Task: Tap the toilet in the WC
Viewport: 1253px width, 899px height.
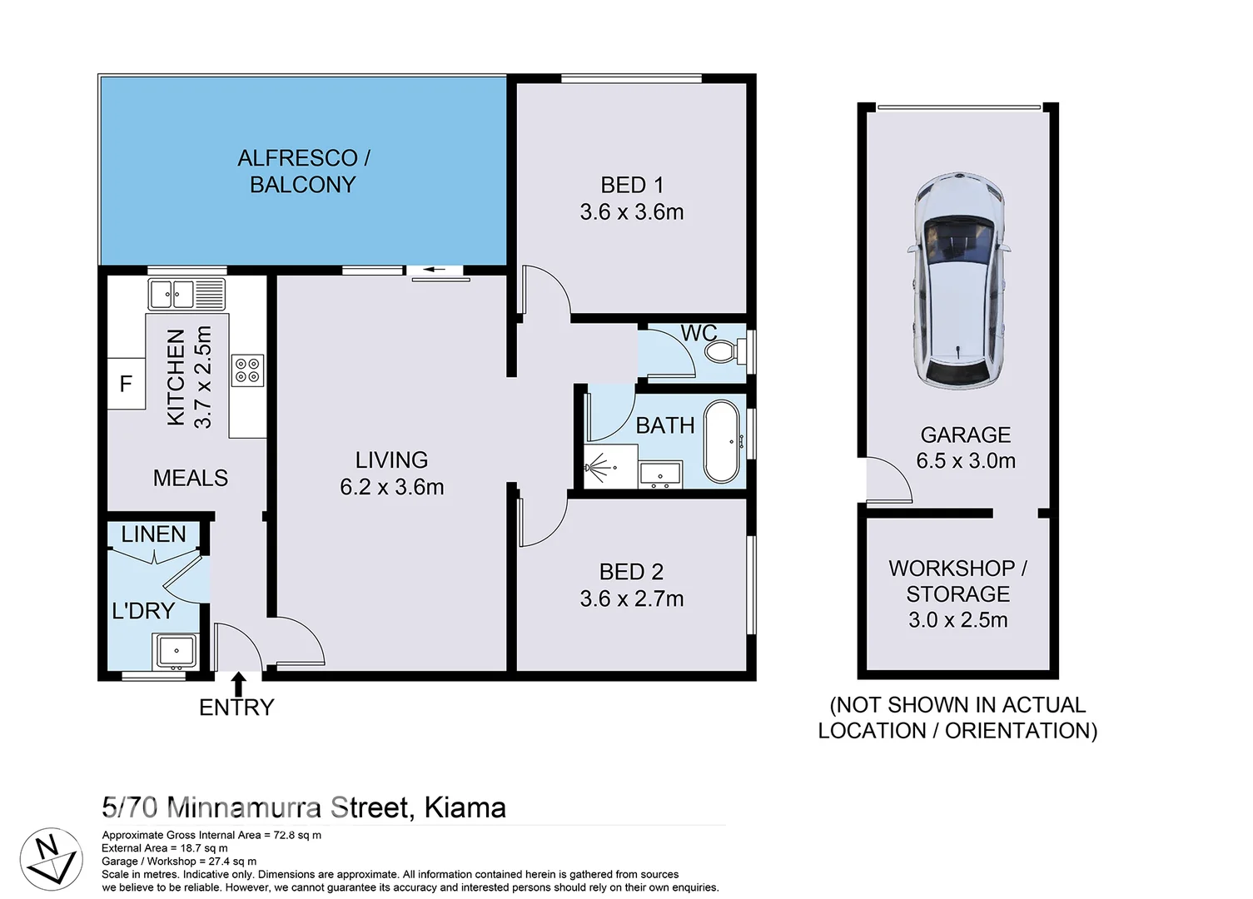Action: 722,351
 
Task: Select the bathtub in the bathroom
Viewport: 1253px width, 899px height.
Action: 721,442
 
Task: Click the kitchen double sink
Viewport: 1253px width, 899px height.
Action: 186,294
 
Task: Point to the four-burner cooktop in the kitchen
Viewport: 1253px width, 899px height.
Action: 247,370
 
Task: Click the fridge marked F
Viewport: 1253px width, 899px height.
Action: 127,384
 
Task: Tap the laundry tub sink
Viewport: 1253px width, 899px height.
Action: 175,651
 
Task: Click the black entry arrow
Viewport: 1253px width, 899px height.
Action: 239,684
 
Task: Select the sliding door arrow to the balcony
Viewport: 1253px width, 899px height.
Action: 435,270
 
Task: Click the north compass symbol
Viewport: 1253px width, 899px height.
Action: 50,859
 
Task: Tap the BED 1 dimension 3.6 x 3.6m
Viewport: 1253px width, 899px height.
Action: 632,212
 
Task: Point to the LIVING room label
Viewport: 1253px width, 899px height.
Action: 391,460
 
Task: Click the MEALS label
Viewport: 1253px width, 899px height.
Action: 191,479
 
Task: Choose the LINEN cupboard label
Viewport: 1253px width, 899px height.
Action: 153,534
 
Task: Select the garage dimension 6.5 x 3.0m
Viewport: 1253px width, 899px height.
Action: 966,461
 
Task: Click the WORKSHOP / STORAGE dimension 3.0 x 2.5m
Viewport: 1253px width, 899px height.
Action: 957,620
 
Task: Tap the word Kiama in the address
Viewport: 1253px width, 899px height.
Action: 465,808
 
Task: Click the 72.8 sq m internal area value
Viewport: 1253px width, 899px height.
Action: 297,835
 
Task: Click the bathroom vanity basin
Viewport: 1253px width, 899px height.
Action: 660,475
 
